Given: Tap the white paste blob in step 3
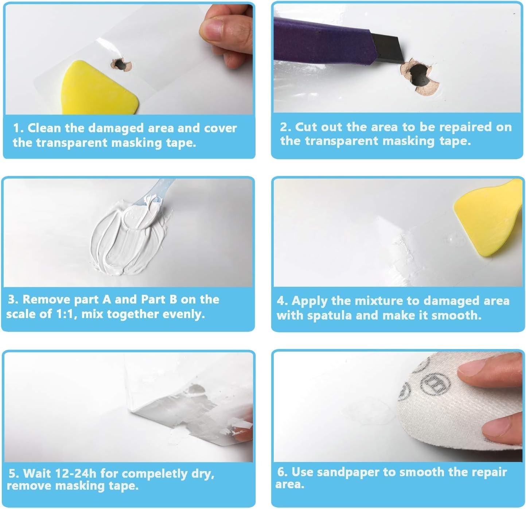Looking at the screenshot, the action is (x=128, y=236).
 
